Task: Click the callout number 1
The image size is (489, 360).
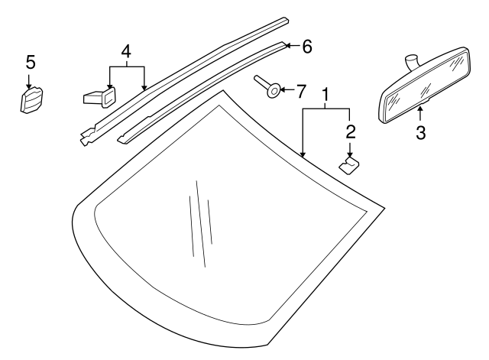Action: click(326, 96)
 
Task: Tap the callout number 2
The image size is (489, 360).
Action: click(351, 131)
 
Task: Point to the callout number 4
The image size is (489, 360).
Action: click(126, 52)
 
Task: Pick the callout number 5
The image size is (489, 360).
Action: click(30, 62)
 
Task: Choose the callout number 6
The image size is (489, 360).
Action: click(306, 47)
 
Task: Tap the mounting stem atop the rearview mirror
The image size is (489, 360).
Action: click(413, 59)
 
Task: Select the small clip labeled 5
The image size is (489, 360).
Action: click(31, 99)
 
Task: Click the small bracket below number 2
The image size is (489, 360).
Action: click(350, 165)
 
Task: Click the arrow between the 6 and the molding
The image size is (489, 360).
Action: click(290, 46)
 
